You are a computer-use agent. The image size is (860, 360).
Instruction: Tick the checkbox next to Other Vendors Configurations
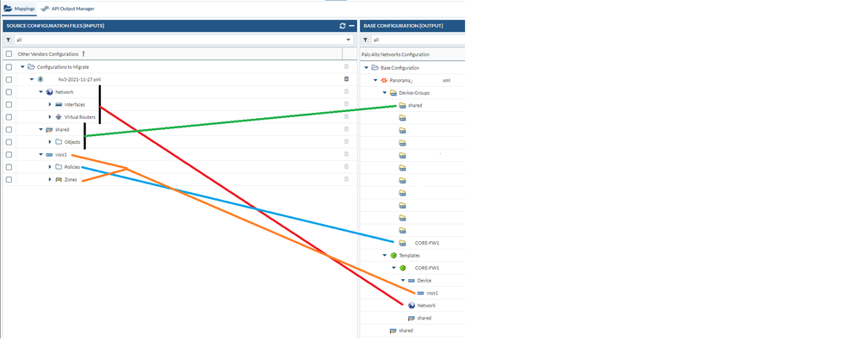[9, 53]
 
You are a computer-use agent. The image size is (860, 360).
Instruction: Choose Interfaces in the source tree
[74, 104]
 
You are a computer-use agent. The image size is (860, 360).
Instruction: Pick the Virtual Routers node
[79, 116]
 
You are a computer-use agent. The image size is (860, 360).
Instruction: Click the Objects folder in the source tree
[72, 141]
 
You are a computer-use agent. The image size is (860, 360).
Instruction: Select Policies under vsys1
[72, 166]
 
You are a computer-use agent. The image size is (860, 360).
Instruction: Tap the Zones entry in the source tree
[71, 179]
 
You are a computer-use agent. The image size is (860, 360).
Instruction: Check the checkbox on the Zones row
[9, 179]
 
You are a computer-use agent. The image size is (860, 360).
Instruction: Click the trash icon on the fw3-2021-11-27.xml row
[346, 78]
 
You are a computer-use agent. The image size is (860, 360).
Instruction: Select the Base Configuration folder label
[400, 67]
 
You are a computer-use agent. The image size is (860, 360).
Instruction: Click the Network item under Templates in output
[426, 305]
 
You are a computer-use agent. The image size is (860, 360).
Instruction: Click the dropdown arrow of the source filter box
[349, 40]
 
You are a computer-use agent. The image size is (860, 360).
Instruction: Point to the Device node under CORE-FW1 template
[424, 280]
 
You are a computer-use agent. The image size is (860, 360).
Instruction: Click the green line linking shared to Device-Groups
[241, 121]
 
